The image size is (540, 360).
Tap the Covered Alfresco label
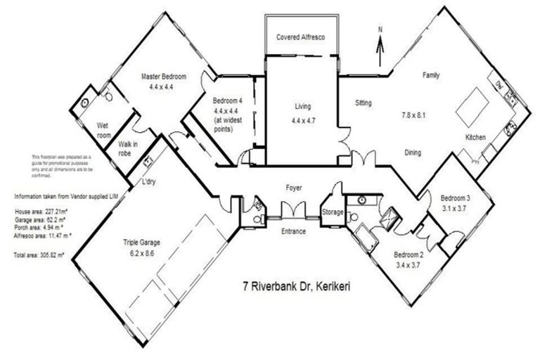300,37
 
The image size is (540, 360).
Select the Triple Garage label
141,243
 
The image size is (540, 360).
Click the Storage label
332,212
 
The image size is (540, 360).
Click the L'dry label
148,182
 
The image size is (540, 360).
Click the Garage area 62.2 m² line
41,219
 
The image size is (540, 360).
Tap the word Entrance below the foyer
293,231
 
